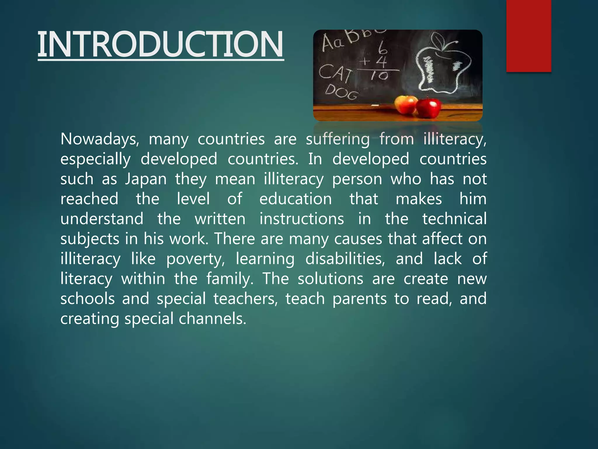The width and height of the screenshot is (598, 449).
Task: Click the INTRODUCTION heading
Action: (161, 44)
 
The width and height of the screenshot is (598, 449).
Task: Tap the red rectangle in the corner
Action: (529, 36)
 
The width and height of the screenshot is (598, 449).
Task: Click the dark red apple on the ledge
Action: (428, 108)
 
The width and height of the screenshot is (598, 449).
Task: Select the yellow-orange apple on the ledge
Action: (406, 104)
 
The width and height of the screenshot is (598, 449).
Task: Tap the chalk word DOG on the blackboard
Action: (342, 92)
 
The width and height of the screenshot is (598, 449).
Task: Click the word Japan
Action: (146, 179)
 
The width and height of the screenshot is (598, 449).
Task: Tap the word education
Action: (295, 199)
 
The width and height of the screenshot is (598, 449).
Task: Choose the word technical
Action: (454, 219)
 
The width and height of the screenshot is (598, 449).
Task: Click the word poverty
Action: (195, 259)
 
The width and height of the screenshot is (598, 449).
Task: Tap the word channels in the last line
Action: (213, 319)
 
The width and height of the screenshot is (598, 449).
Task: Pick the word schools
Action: (88, 299)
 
